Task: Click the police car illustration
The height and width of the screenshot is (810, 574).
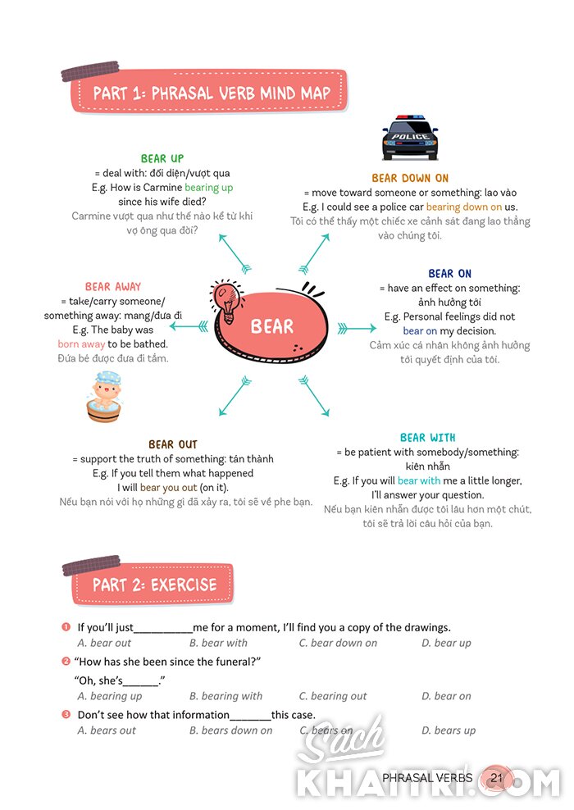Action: pos(410,138)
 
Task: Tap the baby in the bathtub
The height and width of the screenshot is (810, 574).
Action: pos(104,396)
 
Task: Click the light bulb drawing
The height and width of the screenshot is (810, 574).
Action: pos(226,301)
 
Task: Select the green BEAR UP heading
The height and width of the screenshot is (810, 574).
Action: pos(162,158)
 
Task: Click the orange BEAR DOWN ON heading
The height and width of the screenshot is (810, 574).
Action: pos(410,178)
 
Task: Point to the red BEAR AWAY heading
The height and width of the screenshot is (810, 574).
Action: pos(113,287)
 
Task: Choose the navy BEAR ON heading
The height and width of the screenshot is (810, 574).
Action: pos(450,274)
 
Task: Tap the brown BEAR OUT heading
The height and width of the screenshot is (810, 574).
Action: pos(173,445)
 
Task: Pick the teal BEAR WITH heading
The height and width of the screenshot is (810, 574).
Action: pos(428,438)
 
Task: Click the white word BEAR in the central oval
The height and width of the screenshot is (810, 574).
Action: pos(271,326)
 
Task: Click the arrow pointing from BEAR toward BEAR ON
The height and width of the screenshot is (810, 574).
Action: pos(357,328)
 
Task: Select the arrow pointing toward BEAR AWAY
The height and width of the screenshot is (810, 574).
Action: pos(189,326)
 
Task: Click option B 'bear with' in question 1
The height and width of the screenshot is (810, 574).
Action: pos(218,643)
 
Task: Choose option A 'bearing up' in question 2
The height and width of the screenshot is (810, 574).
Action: pos(110,696)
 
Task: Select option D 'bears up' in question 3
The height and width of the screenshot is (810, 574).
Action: pos(449,730)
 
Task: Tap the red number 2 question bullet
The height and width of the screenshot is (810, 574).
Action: pos(66,662)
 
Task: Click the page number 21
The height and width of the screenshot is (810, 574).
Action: pos(496,778)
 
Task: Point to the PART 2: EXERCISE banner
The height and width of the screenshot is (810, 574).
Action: pos(153,585)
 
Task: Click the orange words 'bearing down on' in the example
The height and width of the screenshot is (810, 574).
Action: pos(464,207)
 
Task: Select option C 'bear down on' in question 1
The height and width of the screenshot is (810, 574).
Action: pos(339,643)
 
